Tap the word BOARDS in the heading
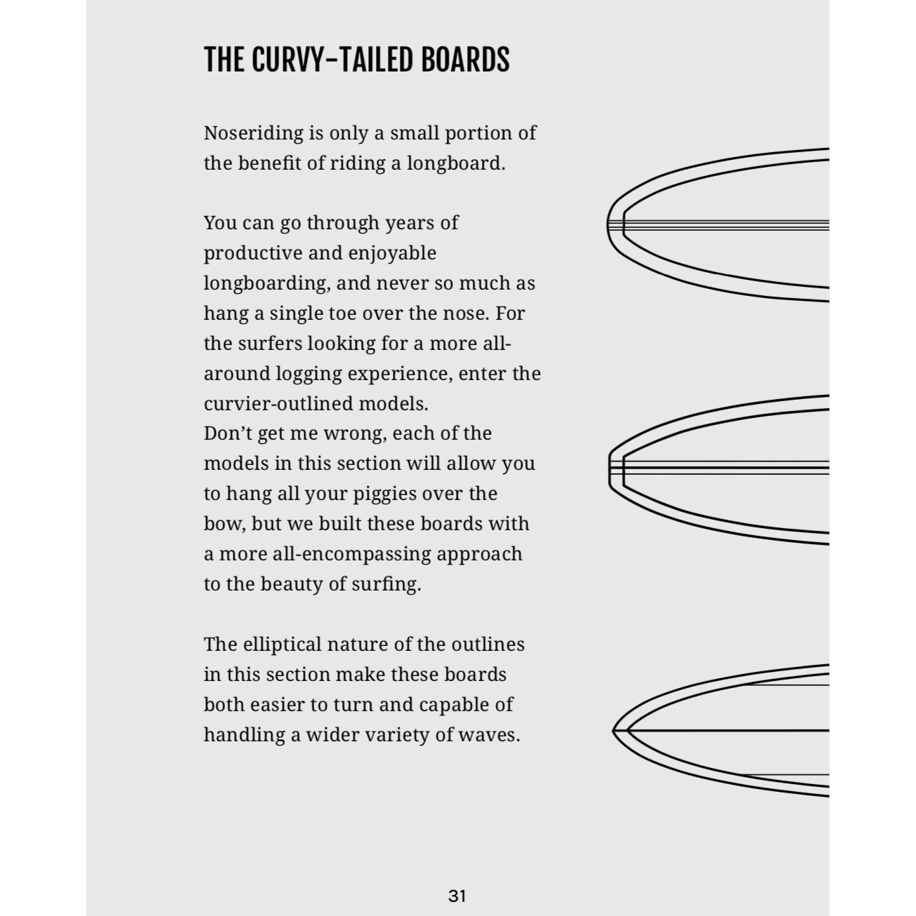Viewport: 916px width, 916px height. tap(464, 60)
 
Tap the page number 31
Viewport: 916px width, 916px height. tap(457, 896)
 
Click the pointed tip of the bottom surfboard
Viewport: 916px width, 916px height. tap(614, 731)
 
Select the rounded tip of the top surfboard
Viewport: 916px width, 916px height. tap(608, 225)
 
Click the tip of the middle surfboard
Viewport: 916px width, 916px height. tap(610, 468)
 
